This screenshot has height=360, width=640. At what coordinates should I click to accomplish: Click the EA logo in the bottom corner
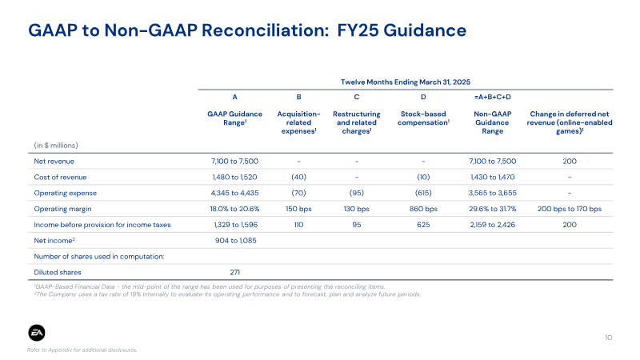[x=37, y=333]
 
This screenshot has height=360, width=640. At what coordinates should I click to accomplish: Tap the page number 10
[x=608, y=338]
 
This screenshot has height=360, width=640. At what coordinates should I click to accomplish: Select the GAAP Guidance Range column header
[x=234, y=118]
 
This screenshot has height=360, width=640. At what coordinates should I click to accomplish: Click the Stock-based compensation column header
[x=423, y=118]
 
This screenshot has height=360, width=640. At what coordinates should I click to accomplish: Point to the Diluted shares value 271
[x=234, y=272]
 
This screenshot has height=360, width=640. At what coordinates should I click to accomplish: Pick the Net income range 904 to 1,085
[x=235, y=241]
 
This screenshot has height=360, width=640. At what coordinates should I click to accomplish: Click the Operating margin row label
[x=62, y=209]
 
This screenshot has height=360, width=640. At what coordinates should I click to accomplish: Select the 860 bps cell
[x=423, y=209]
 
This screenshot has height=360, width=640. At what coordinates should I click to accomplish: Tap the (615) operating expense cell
[x=423, y=193]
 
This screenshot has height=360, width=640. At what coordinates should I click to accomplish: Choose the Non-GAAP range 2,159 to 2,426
[x=492, y=225]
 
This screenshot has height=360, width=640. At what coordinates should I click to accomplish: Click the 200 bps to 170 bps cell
[x=570, y=209]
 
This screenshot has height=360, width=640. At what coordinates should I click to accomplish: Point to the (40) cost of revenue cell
[x=298, y=177]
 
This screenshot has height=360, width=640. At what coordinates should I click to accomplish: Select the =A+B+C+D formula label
[x=492, y=97]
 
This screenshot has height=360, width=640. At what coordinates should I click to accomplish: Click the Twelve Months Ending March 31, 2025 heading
[x=406, y=82]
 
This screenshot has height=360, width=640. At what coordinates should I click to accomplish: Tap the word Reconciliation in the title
[x=265, y=30]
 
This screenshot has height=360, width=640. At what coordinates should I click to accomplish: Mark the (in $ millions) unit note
[x=56, y=146]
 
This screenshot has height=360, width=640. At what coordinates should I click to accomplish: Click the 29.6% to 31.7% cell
[x=492, y=209]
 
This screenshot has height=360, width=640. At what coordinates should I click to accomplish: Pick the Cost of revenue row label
[x=60, y=177]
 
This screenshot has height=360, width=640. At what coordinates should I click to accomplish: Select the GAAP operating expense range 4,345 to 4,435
[x=234, y=193]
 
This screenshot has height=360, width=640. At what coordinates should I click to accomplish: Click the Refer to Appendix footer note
[x=82, y=350]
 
